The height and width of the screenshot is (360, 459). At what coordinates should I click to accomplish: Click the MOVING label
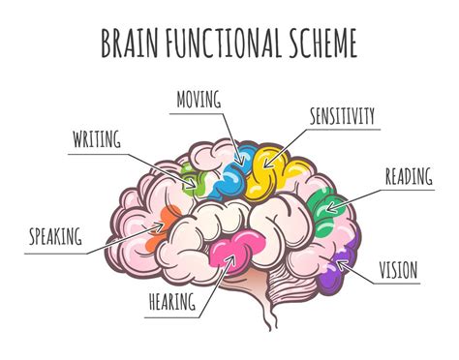point(199,99)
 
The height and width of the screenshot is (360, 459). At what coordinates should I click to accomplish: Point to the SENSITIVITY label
point(342,117)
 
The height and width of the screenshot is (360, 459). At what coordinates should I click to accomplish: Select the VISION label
point(397,269)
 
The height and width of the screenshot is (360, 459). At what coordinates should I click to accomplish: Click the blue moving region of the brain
point(231,172)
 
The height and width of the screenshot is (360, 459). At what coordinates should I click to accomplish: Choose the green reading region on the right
point(329,206)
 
